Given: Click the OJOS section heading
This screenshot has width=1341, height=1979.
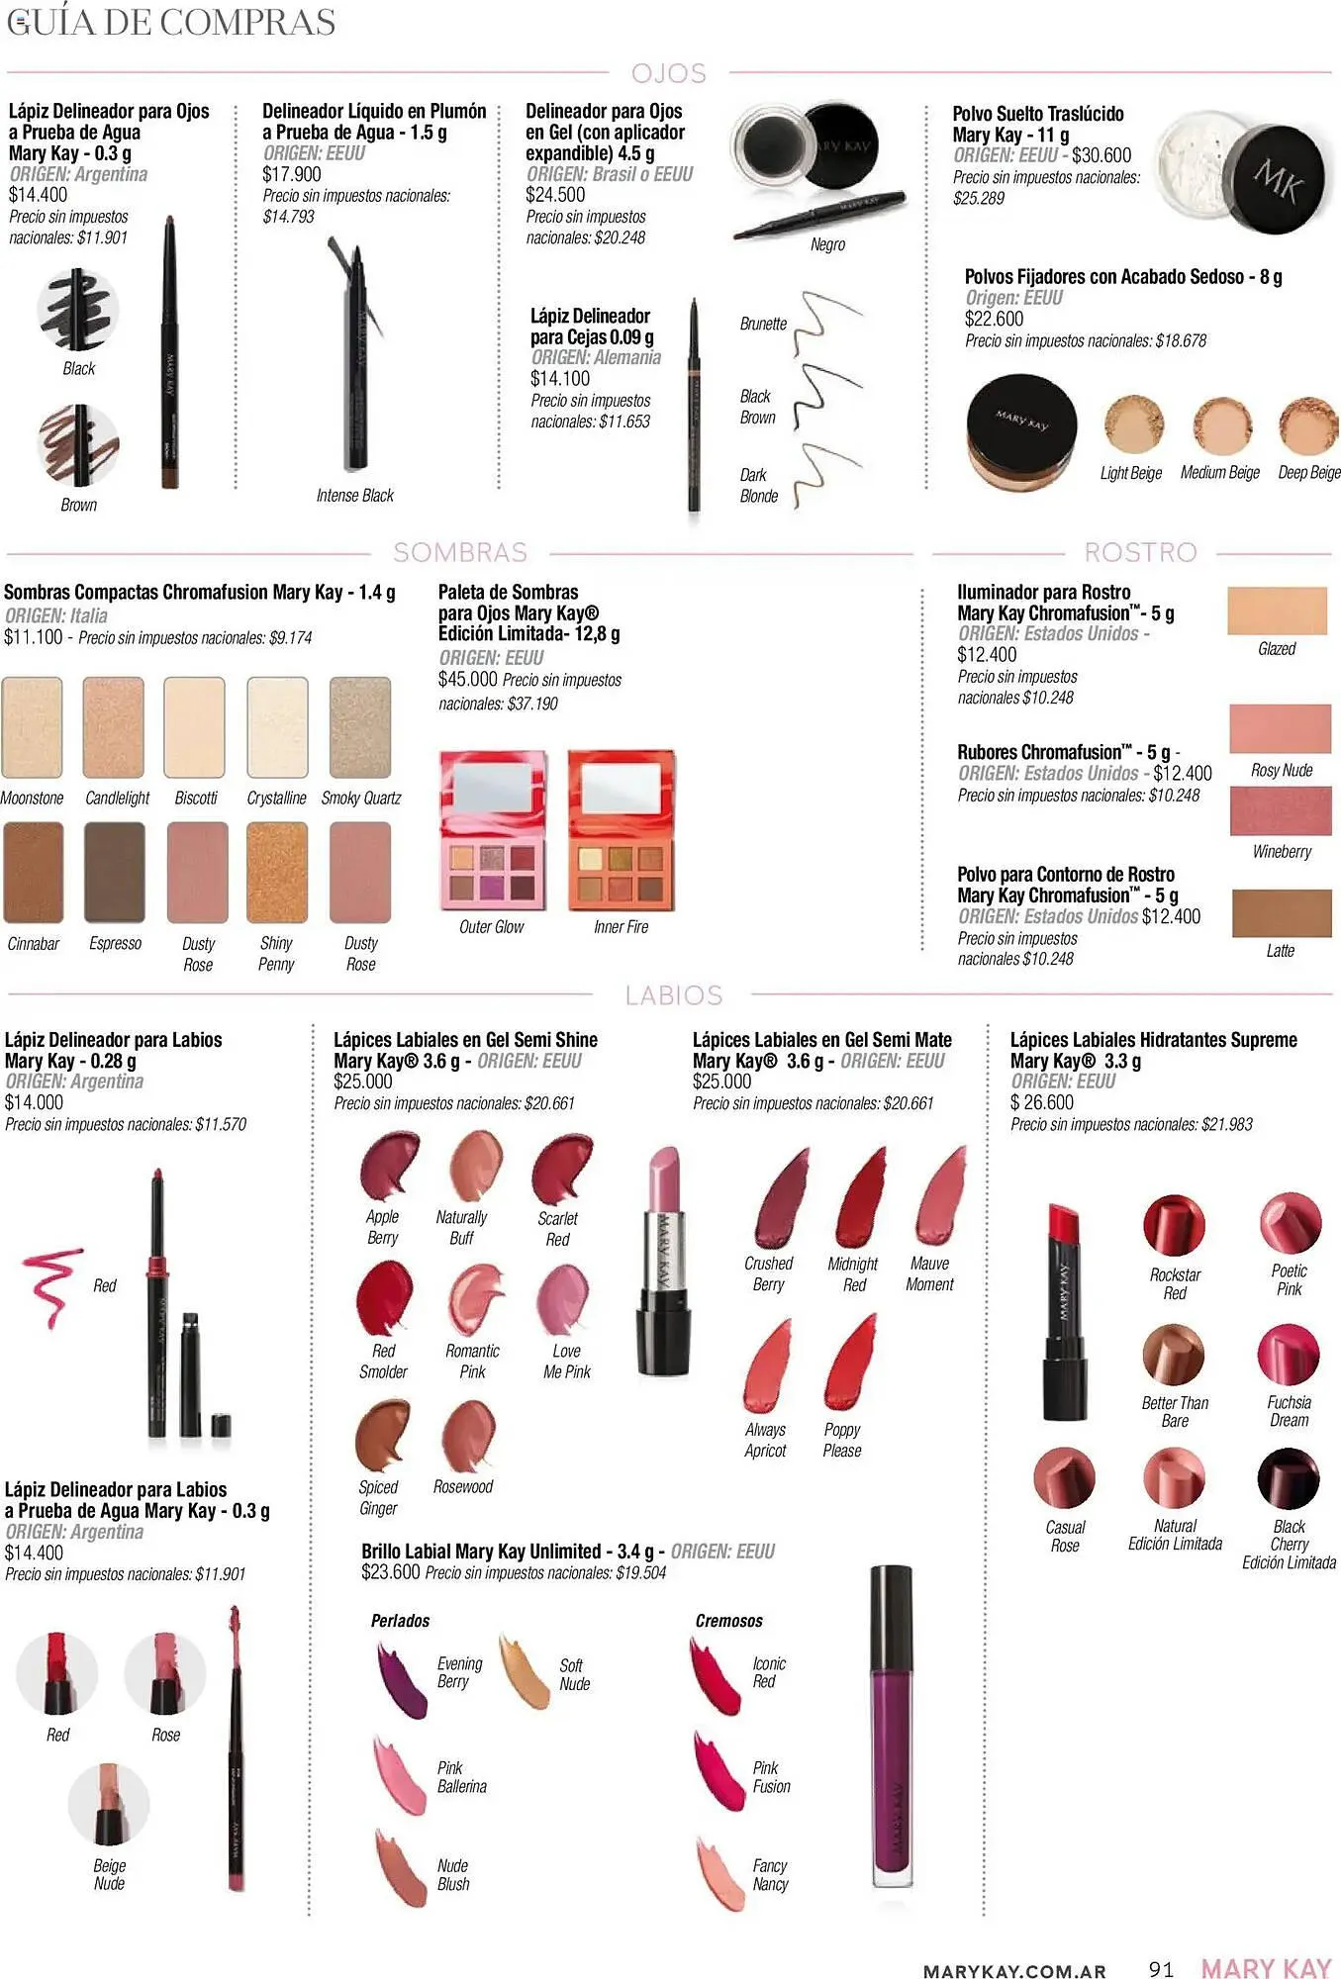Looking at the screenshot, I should [x=669, y=73].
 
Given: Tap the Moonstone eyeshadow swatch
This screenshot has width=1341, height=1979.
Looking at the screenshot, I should [x=33, y=727].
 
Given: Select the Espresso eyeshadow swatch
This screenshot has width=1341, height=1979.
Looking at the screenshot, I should [x=115, y=872].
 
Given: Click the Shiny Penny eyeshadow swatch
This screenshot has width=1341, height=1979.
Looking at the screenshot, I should [x=277, y=872].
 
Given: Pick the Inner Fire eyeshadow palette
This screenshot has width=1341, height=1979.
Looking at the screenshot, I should [x=622, y=830].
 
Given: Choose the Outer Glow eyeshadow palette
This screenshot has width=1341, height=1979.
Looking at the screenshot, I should [x=492, y=830].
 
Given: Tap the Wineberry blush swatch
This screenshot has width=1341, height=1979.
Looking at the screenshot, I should [x=1280, y=810].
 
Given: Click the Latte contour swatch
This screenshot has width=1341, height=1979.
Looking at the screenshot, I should [x=1281, y=912].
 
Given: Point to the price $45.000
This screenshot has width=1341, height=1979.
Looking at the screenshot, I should [x=467, y=679].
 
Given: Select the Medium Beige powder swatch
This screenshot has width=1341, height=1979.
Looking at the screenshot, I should [x=1222, y=425].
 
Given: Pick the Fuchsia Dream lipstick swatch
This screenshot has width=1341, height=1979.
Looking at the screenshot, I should [x=1289, y=1355].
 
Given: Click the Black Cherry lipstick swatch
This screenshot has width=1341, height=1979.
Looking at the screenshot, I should [x=1289, y=1478].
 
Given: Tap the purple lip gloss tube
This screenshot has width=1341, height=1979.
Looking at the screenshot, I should [x=891, y=1728].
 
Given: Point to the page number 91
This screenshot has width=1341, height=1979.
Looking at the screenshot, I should [x=1161, y=1968].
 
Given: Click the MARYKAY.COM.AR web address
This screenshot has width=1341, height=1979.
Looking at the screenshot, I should [x=1014, y=1971].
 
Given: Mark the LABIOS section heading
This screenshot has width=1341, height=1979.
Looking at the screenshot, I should [x=673, y=995].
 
